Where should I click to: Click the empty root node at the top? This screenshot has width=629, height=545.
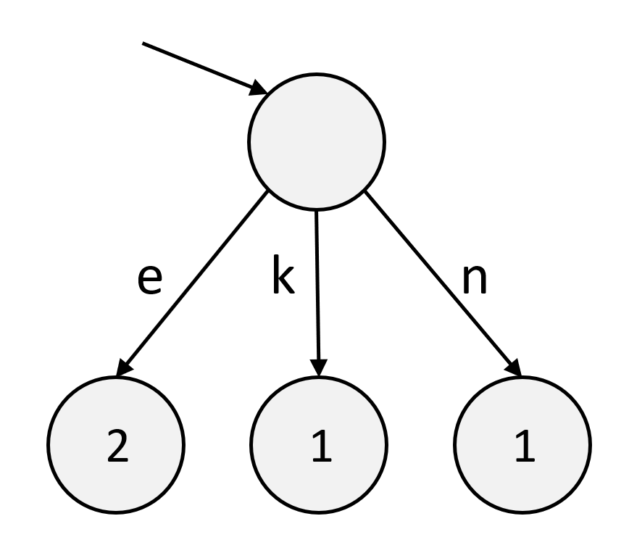point(317,142)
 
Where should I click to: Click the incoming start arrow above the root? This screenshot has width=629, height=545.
point(203,69)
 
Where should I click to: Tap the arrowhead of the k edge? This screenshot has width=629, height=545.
point(320,367)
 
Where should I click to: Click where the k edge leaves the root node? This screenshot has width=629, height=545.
point(317,212)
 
